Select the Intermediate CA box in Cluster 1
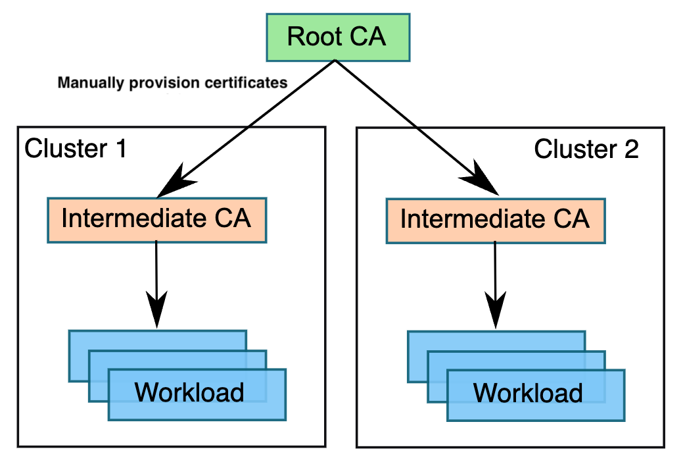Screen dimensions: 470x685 pyautogui.click(x=156, y=219)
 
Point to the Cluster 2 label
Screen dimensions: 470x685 pyautogui.click(x=586, y=149)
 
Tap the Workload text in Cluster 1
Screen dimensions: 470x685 pyautogui.click(x=189, y=392)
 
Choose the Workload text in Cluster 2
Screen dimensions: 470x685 pyautogui.click(x=528, y=393)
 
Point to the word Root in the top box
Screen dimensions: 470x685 pyautogui.click(x=311, y=37)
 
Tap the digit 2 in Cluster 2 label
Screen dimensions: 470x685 pyautogui.click(x=629, y=149)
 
